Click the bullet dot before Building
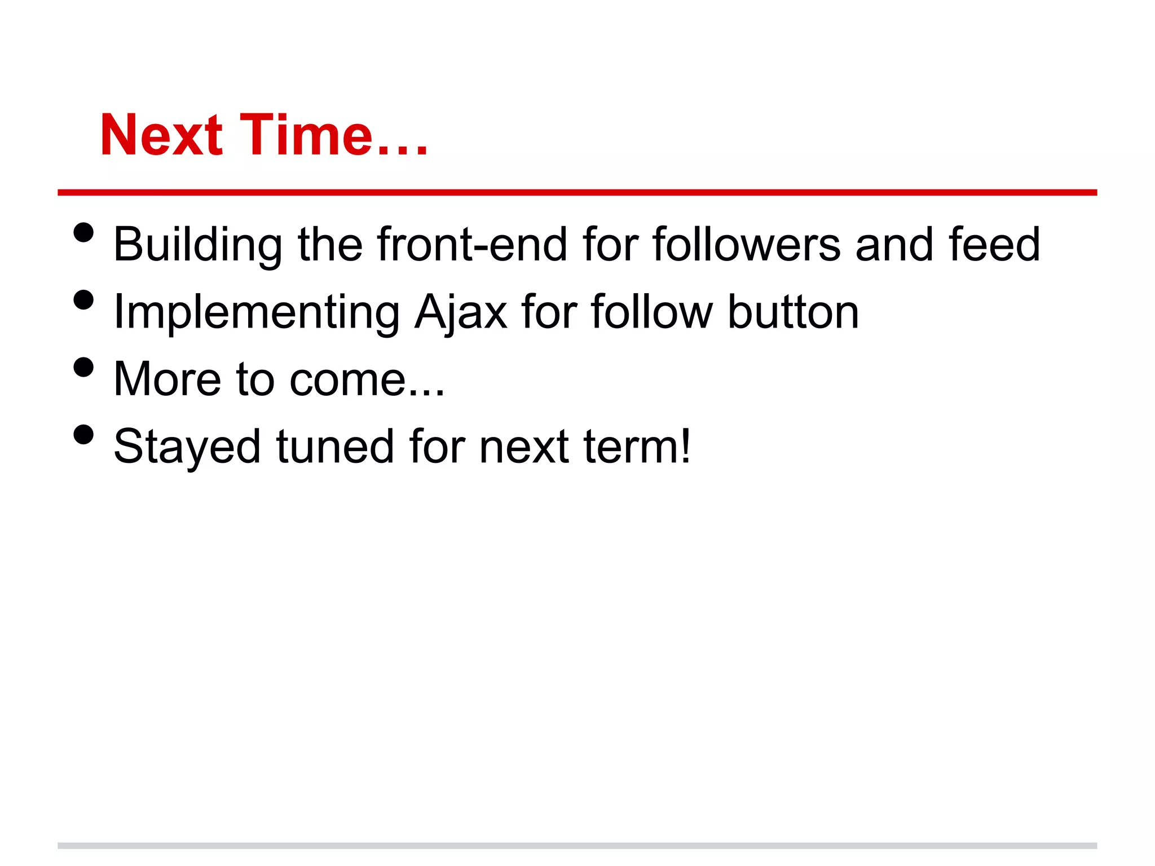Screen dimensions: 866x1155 tap(83, 232)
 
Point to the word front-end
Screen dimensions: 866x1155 tap(472, 244)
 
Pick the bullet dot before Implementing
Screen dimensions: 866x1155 tap(83, 299)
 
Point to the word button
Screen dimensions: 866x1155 tap(793, 312)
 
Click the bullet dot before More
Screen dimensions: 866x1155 tap(83, 367)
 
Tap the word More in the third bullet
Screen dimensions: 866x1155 tap(167, 379)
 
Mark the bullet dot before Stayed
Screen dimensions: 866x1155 tap(83, 434)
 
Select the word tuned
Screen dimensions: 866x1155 tap(335, 447)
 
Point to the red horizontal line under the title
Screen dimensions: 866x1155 tap(577, 193)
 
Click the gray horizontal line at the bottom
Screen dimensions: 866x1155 tap(577, 846)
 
